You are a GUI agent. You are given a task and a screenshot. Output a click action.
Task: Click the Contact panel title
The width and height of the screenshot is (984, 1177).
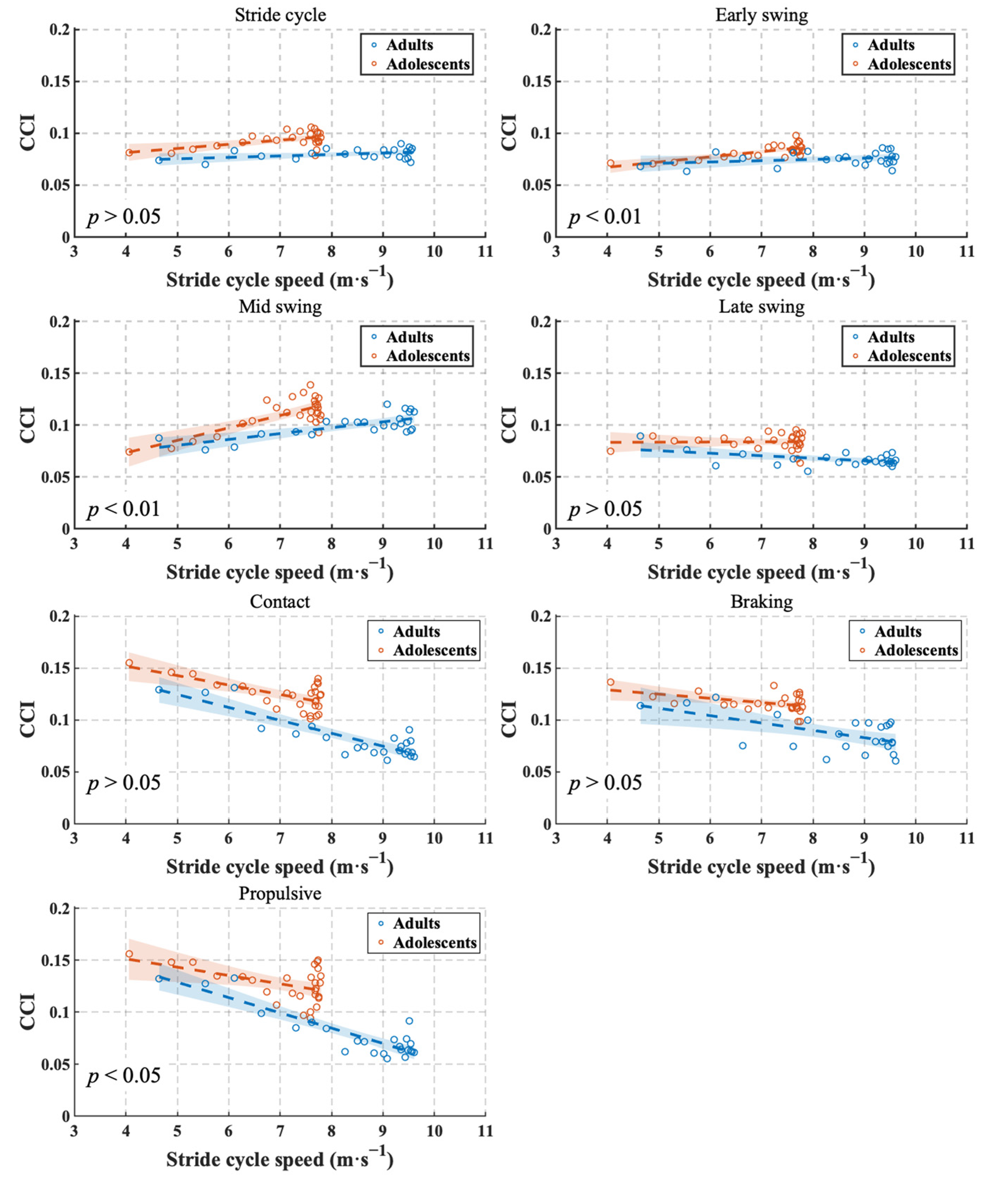[x=280, y=601]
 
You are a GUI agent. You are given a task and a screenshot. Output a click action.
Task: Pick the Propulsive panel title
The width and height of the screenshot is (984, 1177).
[x=280, y=893]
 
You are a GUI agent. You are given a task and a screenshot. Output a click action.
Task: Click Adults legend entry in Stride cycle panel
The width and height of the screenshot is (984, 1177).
[x=409, y=45]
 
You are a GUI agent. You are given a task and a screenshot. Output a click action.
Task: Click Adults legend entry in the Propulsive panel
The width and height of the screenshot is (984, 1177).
[x=416, y=923]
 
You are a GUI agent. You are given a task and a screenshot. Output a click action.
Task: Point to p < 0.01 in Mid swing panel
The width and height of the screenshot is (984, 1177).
[x=123, y=509]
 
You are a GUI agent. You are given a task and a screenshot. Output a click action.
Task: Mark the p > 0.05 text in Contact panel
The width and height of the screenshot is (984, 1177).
[x=123, y=783]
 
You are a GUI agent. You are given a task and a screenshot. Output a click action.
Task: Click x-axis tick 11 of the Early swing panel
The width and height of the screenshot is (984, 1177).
[x=966, y=251]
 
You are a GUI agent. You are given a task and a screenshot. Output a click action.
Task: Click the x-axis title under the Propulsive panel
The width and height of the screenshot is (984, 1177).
[x=280, y=1158]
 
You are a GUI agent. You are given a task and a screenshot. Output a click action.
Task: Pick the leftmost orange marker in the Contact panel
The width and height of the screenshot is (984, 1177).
[x=129, y=662]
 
